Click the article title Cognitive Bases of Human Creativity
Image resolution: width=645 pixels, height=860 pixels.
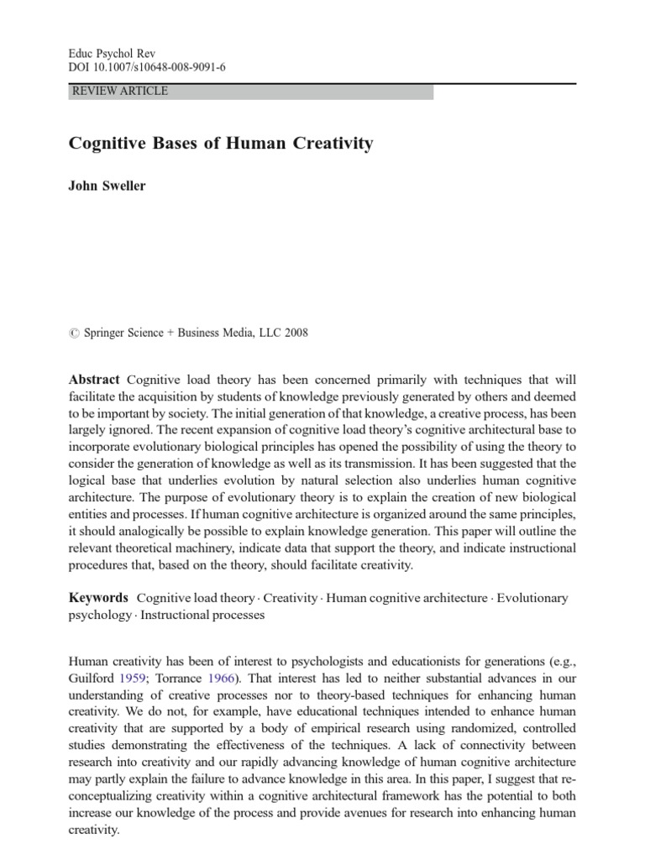pyautogui.click(x=220, y=144)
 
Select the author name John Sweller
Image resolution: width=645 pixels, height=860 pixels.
pyautogui.click(x=107, y=186)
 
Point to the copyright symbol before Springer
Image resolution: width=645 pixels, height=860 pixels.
pyautogui.click(x=73, y=333)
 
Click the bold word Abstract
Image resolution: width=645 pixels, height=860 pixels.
pyautogui.click(x=94, y=380)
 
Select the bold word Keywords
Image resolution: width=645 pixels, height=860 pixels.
pyautogui.click(x=98, y=598)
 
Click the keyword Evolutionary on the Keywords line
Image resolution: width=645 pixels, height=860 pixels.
pyautogui.click(x=532, y=598)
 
